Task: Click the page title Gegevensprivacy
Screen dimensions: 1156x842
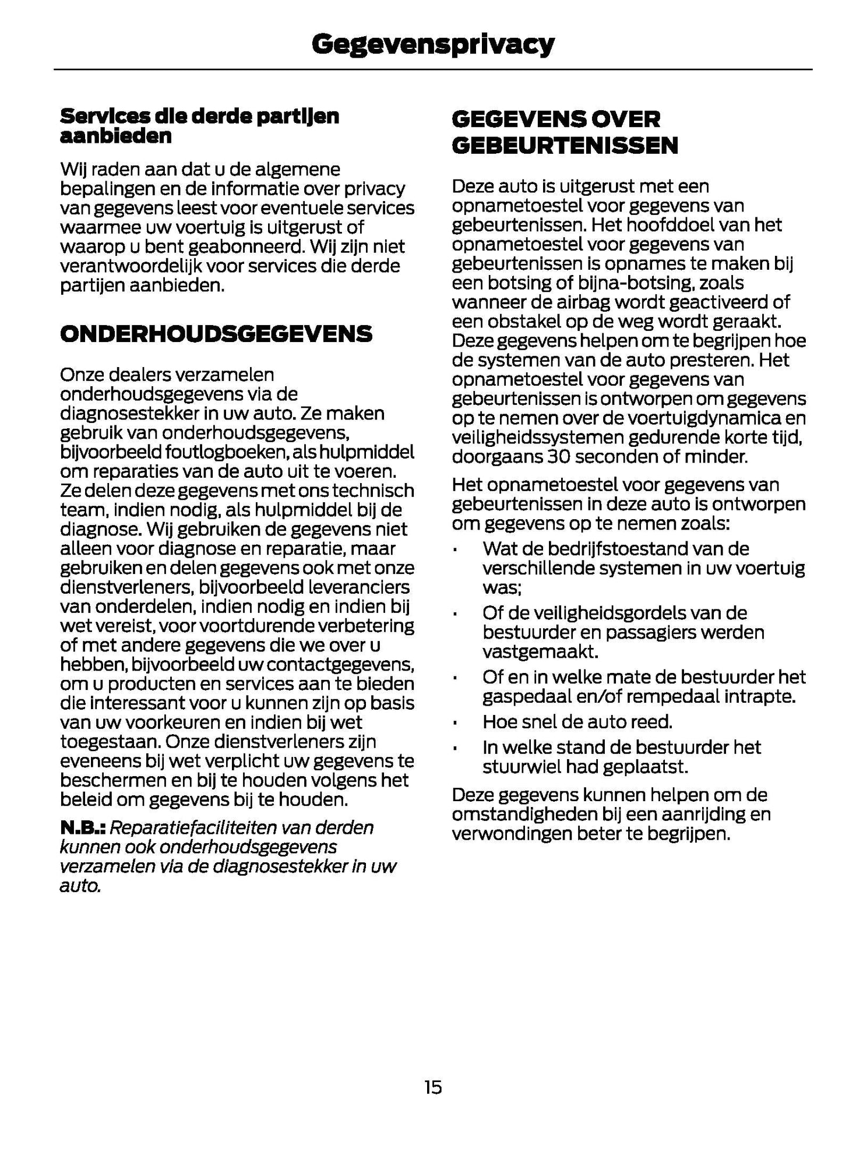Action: click(x=432, y=44)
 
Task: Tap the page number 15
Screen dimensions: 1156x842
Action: click(x=433, y=1087)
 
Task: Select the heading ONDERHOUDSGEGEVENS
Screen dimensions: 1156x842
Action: click(x=216, y=334)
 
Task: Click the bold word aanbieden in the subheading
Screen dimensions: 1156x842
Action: click(x=116, y=136)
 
